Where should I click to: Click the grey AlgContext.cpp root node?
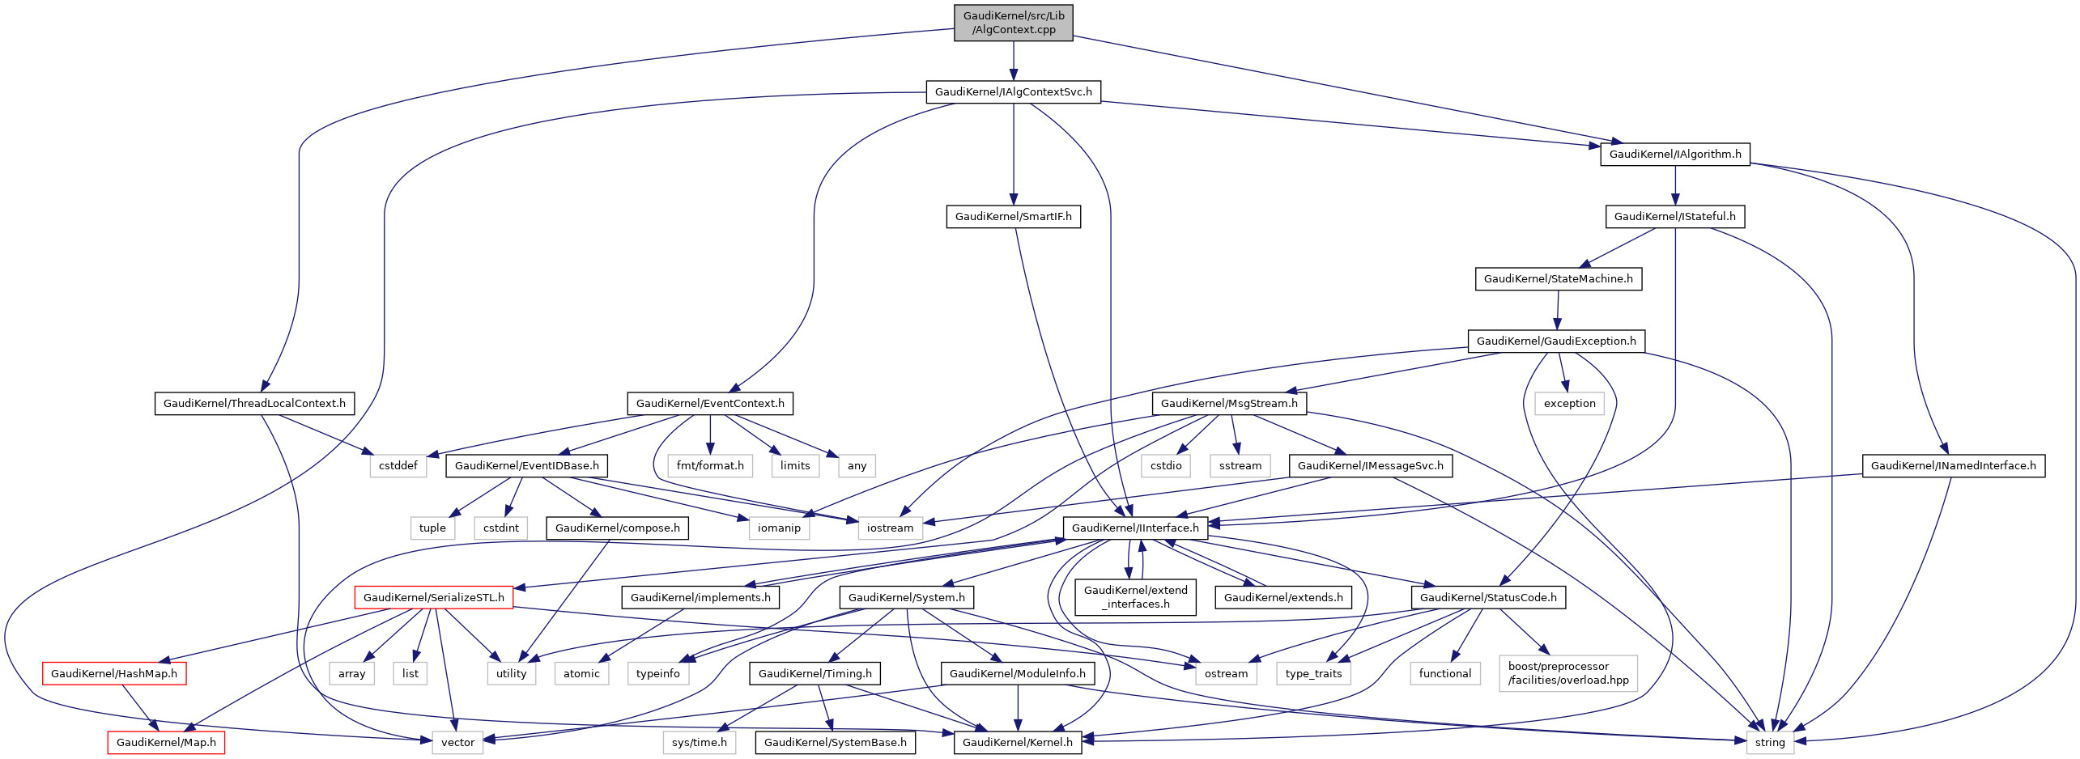pyautogui.click(x=1013, y=23)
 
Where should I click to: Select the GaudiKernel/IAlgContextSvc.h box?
pyautogui.click(x=1013, y=92)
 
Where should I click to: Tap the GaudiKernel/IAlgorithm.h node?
pyautogui.click(x=1674, y=155)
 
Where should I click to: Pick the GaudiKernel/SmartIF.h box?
pyautogui.click(x=1013, y=217)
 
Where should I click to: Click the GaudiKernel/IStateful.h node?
pyautogui.click(x=1674, y=217)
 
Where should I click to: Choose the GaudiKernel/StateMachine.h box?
pyautogui.click(x=1558, y=279)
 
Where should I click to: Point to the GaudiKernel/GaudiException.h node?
pyautogui.click(x=1555, y=341)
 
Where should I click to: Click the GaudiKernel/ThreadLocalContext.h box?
pyautogui.click(x=254, y=404)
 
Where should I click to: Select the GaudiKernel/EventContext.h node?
pyautogui.click(x=709, y=404)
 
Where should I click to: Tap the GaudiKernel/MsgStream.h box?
pyautogui.click(x=1228, y=404)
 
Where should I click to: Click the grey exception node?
pyautogui.click(x=1569, y=404)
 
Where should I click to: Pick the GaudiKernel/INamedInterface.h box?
pyautogui.click(x=1953, y=466)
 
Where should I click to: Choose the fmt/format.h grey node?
pyautogui.click(x=710, y=466)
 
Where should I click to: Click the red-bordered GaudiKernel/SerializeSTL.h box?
pyautogui.click(x=433, y=598)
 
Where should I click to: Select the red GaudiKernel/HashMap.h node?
pyautogui.click(x=113, y=674)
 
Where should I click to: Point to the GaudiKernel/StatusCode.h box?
pyautogui.click(x=1487, y=598)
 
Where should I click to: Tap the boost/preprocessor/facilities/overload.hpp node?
pyautogui.click(x=1567, y=673)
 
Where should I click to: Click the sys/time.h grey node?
pyautogui.click(x=699, y=743)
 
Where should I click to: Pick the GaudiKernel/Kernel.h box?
pyautogui.click(x=1017, y=743)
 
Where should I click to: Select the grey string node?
pyautogui.click(x=1769, y=743)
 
